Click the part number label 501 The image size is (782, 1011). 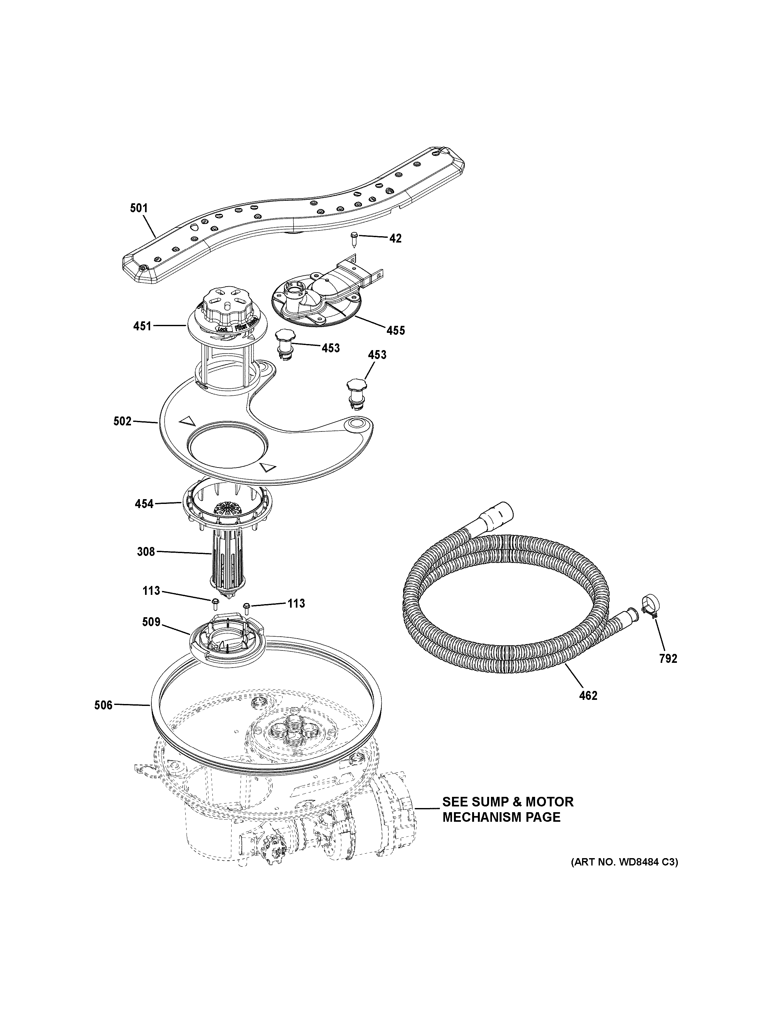coord(139,208)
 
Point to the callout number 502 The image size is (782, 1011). coord(123,421)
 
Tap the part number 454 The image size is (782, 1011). coord(144,504)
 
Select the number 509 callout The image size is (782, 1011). coord(151,622)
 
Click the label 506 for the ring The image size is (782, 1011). coord(103,718)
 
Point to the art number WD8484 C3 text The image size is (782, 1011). coord(624,862)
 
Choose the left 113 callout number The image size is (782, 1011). coord(151,591)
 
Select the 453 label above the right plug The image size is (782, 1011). coord(377,355)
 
